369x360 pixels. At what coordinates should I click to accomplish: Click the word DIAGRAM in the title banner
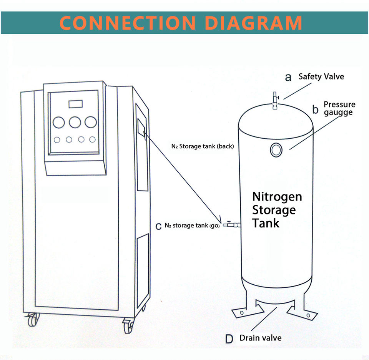pyautogui.click(x=253, y=23)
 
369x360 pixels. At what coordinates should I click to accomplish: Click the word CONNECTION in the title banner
pyautogui.click(x=128, y=23)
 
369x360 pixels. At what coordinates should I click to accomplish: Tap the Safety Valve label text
pyautogui.click(x=321, y=76)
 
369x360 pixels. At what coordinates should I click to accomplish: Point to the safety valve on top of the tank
pyautogui.click(x=275, y=101)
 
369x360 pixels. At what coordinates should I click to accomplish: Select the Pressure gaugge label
pyautogui.click(x=339, y=108)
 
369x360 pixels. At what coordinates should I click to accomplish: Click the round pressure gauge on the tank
pyautogui.click(x=276, y=149)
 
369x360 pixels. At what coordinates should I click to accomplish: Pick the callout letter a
pyautogui.click(x=288, y=78)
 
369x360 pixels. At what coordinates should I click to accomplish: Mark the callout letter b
pyautogui.click(x=315, y=109)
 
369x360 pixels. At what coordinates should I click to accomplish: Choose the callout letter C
pyautogui.click(x=158, y=226)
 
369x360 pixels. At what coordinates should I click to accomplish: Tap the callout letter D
pyautogui.click(x=229, y=339)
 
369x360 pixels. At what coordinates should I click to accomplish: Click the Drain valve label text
pyautogui.click(x=261, y=338)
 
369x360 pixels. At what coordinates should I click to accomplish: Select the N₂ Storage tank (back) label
pyautogui.click(x=203, y=146)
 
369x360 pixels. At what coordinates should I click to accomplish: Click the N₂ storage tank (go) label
pyautogui.click(x=192, y=226)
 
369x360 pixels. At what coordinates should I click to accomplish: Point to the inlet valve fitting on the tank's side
pyautogui.click(x=231, y=224)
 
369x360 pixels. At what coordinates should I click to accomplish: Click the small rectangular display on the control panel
pyautogui.click(x=76, y=104)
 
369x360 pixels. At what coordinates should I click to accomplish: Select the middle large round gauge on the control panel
pyautogui.click(x=75, y=122)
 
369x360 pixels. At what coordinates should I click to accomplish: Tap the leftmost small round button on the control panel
pyautogui.click(x=57, y=140)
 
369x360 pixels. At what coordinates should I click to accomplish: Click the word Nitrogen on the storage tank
pyautogui.click(x=277, y=197)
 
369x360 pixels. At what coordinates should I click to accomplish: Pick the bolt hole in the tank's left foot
pyautogui.click(x=242, y=313)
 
